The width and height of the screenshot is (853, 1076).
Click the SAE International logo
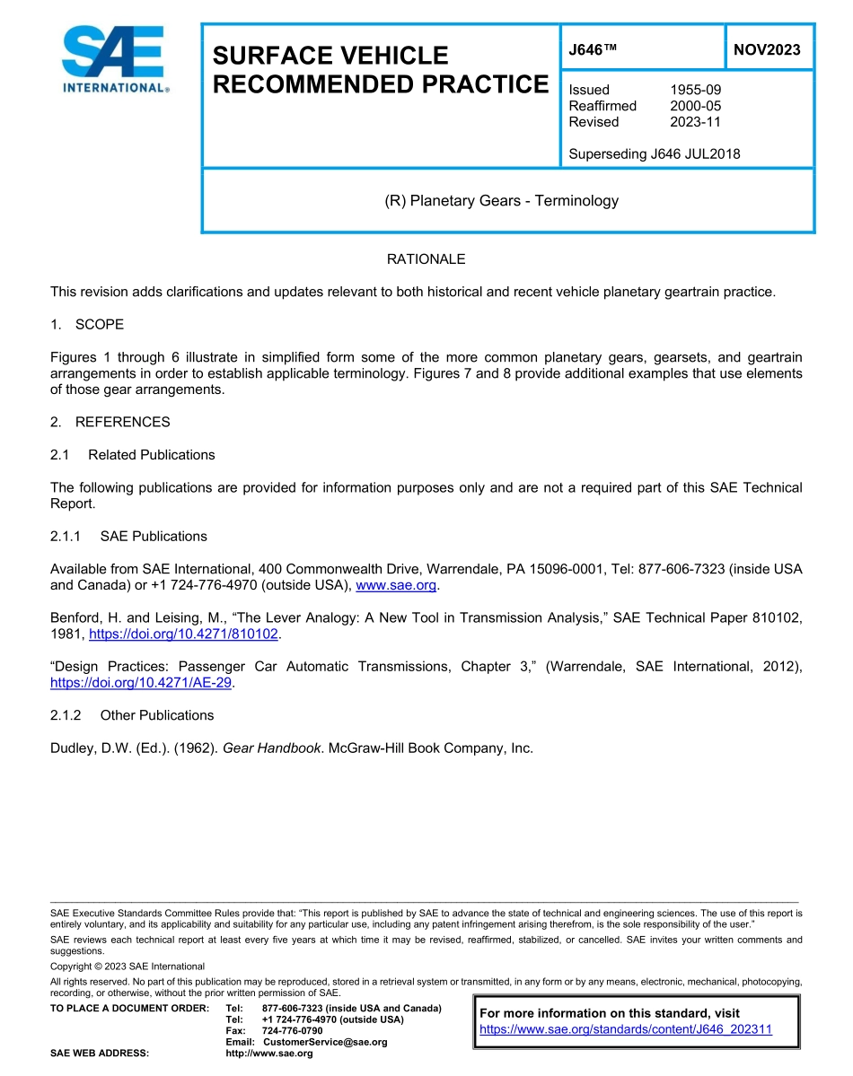pos(112,59)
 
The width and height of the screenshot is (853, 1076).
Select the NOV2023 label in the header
pos(767,49)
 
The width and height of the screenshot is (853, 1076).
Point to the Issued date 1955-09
pos(695,90)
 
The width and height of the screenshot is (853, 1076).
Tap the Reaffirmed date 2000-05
pos(695,106)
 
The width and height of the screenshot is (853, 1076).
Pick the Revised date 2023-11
pos(695,122)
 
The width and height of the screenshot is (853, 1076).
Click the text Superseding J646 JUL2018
pos(655,153)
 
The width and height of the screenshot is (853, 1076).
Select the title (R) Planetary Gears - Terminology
pos(501,201)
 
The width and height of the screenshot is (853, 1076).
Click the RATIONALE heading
pos(426,259)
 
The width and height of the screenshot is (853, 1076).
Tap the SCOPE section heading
pos(99,324)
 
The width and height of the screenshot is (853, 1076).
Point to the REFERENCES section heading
pos(122,422)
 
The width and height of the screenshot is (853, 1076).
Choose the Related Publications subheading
pos(151,455)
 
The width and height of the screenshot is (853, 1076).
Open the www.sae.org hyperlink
pos(396,586)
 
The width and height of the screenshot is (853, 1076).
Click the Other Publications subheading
pos(156,715)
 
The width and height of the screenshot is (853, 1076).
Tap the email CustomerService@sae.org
pos(325,1042)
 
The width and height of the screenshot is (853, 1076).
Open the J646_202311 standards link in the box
pos(626,1029)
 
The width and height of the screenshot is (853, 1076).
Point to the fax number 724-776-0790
pos(292,1031)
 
